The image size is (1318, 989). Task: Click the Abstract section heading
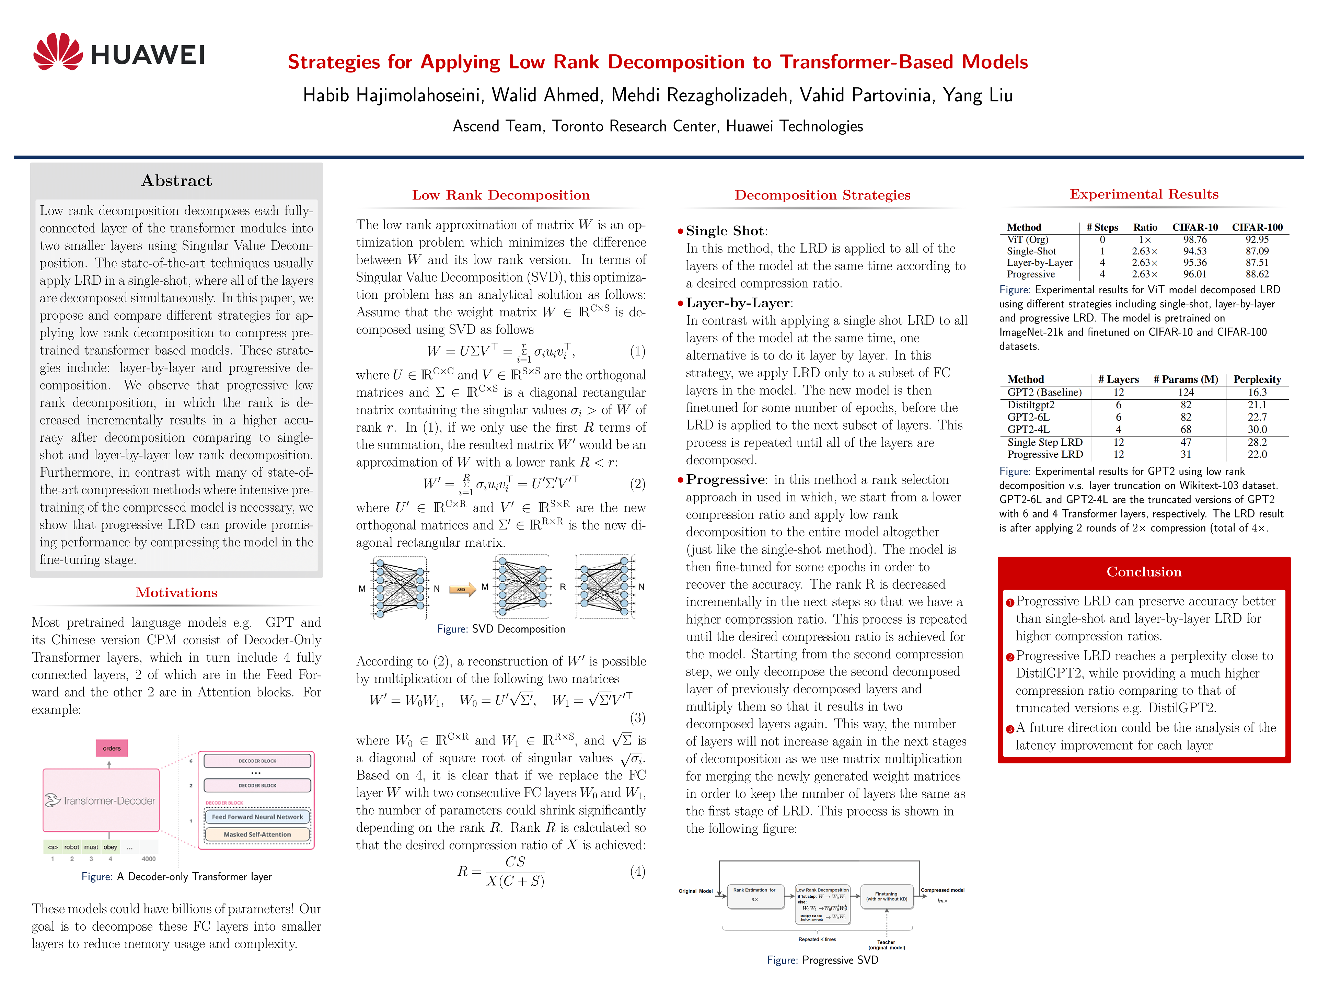pos(176,181)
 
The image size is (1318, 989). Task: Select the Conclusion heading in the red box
pos(1143,572)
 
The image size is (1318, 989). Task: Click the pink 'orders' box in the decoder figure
pos(112,748)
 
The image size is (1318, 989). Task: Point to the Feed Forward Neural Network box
pos(257,817)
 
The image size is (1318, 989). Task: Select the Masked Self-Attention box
pos(257,834)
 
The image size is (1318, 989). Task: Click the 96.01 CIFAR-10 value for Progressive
pos(1195,274)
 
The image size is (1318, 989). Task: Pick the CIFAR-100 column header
pos(1257,227)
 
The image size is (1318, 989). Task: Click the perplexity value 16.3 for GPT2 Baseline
pos(1257,392)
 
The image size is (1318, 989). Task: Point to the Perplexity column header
pos(1257,379)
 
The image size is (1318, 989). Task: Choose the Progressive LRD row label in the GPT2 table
pos(1045,454)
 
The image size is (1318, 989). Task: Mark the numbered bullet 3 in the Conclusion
pos(1010,729)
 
